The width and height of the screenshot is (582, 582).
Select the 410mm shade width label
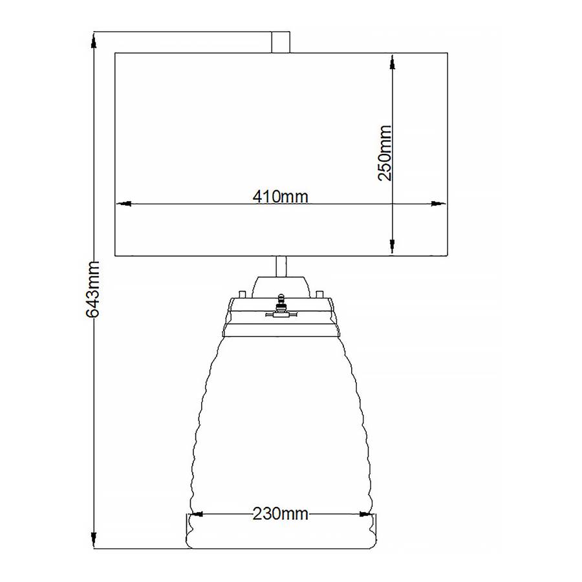[x=280, y=197]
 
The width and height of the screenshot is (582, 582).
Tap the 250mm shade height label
[x=385, y=153]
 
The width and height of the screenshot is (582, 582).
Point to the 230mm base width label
[x=280, y=514]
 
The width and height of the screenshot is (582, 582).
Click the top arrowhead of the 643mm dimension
[x=94, y=40]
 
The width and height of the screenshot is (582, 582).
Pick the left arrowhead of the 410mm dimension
[x=124, y=204]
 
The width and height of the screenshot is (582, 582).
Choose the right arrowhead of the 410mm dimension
[x=438, y=204]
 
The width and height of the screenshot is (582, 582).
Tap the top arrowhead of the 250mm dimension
[x=393, y=62]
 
